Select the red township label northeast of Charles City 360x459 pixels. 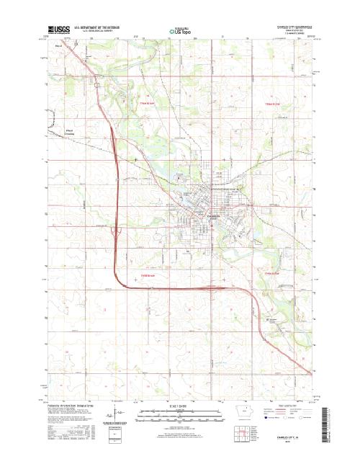[272, 104]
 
